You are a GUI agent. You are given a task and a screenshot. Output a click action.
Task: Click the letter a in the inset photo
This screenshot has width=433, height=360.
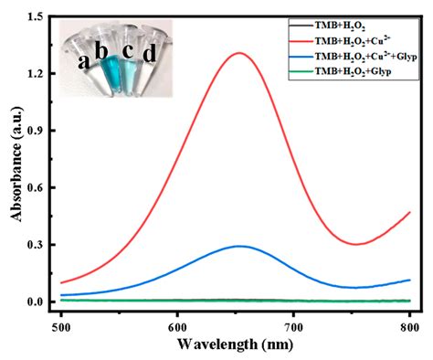click(84, 63)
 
